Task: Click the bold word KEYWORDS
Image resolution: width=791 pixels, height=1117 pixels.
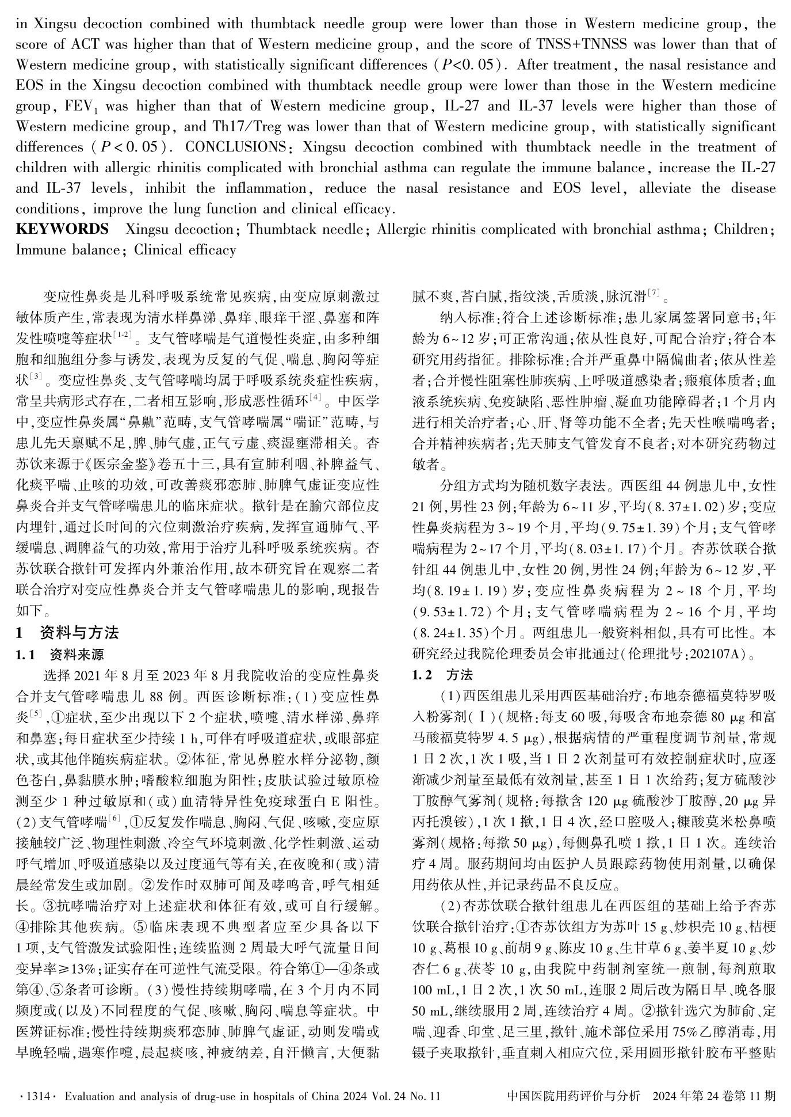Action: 62,229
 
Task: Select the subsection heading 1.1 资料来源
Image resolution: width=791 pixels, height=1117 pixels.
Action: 60,655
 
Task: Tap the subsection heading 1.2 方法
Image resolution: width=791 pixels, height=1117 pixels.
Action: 443,675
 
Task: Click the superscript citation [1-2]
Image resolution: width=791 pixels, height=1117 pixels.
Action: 123,335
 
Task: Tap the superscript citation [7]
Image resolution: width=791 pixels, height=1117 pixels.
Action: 654,294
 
